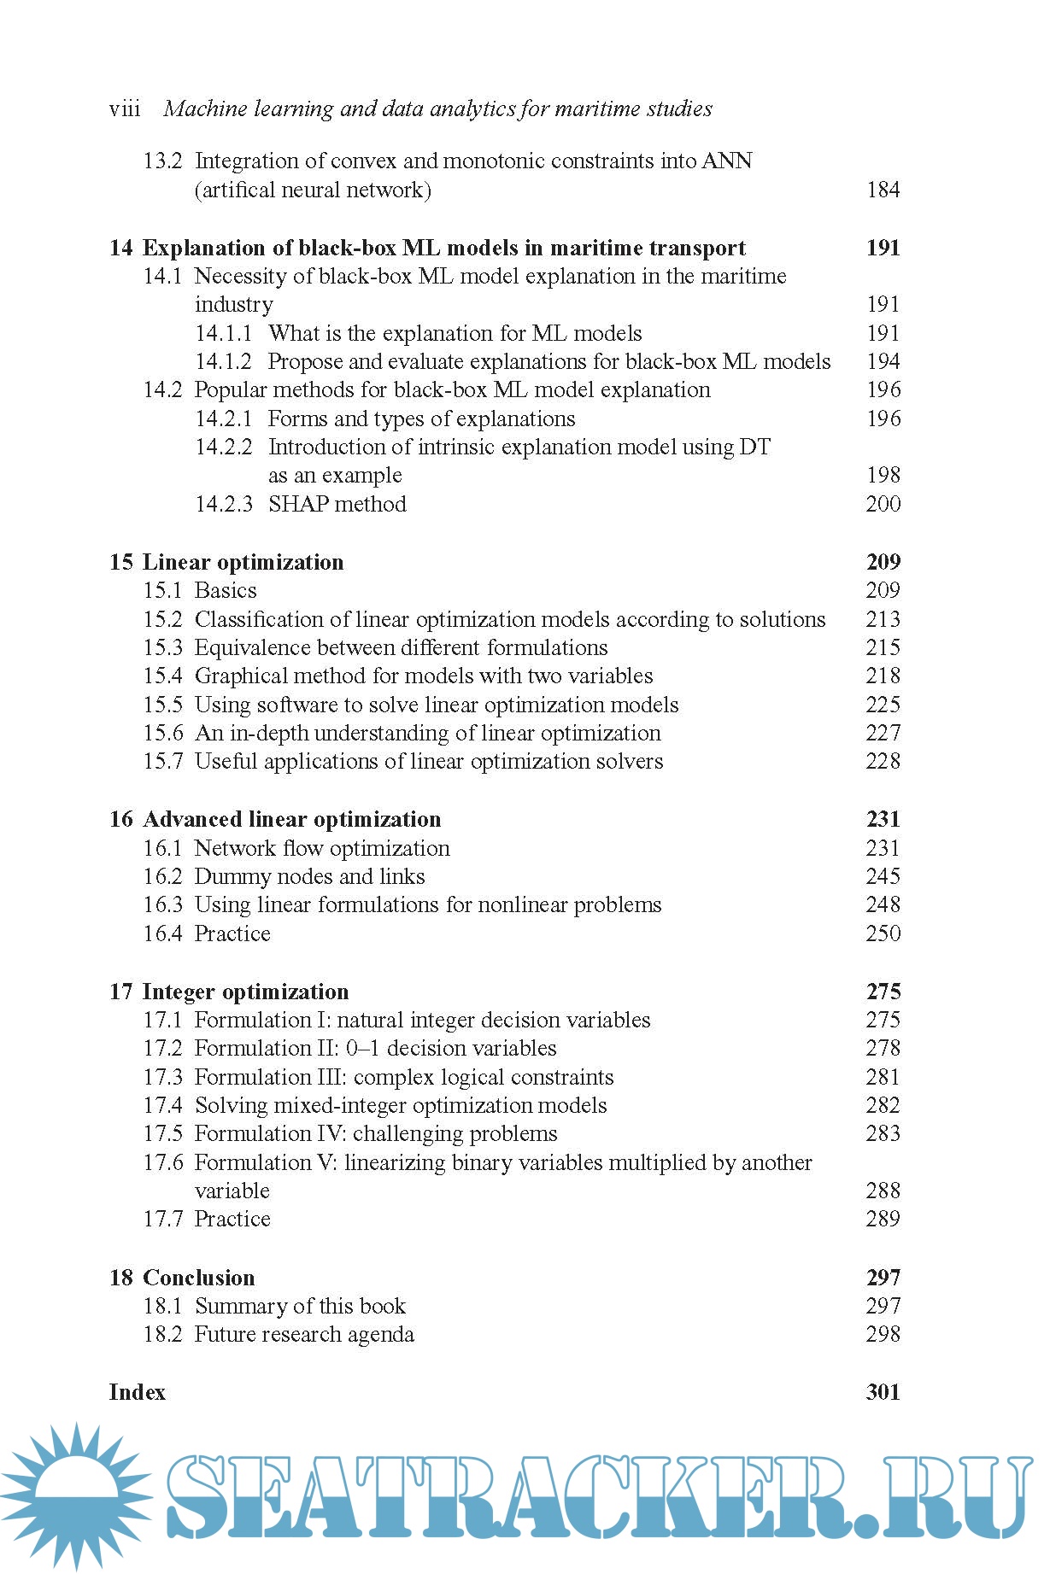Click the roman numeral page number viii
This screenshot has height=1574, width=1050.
point(125,109)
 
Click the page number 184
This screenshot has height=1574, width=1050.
point(883,190)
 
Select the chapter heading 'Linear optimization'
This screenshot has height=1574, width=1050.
point(243,562)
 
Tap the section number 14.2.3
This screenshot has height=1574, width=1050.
point(223,504)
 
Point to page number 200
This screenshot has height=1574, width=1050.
point(883,504)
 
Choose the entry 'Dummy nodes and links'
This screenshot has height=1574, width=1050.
point(309,876)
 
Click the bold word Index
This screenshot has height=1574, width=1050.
point(137,1392)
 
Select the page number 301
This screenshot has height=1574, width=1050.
point(883,1392)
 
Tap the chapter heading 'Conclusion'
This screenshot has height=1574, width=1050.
point(198,1278)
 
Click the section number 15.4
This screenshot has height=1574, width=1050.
point(162,676)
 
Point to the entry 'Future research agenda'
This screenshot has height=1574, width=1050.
point(304,1334)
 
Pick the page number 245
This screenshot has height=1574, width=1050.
point(883,876)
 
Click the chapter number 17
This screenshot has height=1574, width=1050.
point(120,992)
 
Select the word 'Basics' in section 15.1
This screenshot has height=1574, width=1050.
point(226,590)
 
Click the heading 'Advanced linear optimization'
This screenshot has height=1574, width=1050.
point(291,819)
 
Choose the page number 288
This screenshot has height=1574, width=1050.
point(883,1191)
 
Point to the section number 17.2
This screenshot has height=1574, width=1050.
point(162,1048)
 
